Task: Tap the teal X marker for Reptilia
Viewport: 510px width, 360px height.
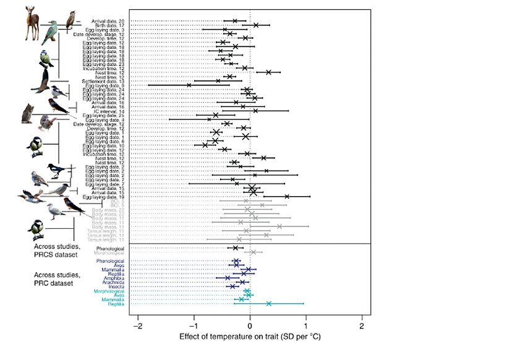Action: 269,304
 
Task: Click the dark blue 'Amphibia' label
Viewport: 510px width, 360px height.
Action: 113,278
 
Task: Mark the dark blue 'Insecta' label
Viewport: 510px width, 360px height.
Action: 114,286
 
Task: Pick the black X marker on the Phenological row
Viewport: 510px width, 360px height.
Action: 236,248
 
